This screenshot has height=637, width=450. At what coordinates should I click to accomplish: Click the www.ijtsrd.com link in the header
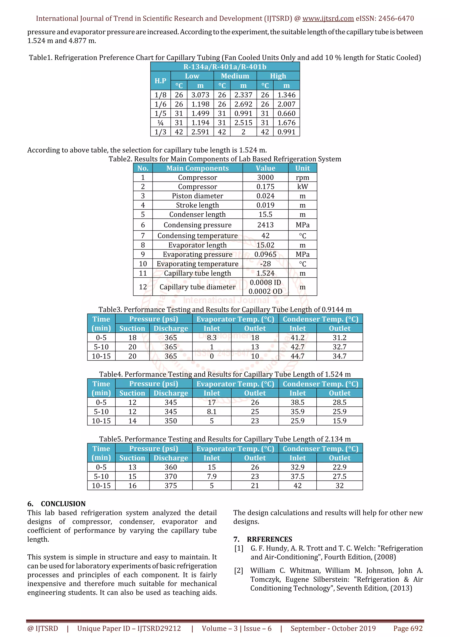[x=328, y=19]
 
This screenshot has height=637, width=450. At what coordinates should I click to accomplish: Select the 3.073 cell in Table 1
[x=200, y=95]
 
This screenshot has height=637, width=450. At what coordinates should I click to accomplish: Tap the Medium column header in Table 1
[x=235, y=76]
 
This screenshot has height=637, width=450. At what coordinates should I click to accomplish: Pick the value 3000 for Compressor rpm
[x=265, y=177]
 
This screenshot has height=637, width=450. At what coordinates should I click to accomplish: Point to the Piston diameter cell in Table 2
[x=197, y=196]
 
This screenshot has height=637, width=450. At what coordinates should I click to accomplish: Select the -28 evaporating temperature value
[x=265, y=264]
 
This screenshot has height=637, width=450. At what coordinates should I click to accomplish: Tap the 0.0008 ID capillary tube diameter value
[x=265, y=282]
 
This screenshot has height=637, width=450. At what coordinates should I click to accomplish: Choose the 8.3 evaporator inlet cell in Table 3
[x=212, y=338]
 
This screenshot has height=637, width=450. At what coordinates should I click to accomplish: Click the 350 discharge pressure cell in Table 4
[x=171, y=421]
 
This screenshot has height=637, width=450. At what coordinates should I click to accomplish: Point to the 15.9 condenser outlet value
[x=339, y=421]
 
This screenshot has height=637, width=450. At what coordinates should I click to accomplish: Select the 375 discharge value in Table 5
[x=171, y=486]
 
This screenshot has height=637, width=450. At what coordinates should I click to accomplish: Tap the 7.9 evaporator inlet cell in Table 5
[x=212, y=476]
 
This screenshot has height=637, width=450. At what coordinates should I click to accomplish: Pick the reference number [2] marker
[x=238, y=570]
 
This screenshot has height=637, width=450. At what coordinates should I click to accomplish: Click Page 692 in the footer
[x=408, y=628]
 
